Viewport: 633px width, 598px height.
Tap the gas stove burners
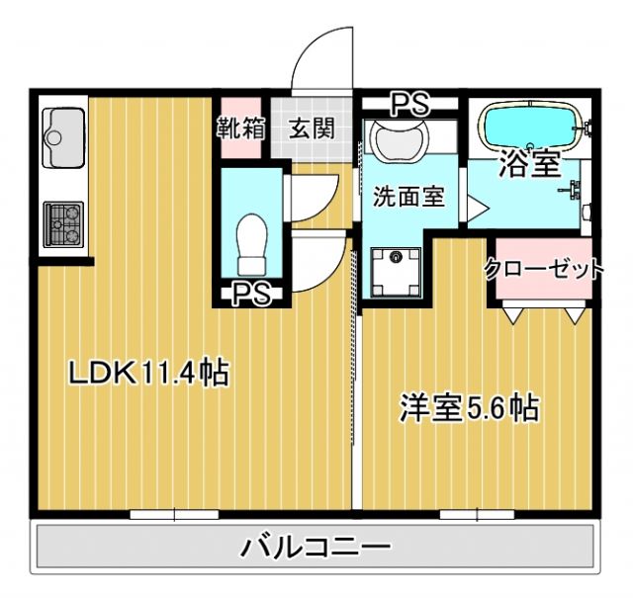(64, 225)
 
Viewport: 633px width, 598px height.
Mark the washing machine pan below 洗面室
(397, 267)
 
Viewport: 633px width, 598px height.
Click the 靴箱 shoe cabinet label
(240, 128)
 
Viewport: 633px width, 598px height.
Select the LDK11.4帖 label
(148, 373)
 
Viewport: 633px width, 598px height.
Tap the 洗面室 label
(407, 196)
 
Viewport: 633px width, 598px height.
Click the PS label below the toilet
(253, 293)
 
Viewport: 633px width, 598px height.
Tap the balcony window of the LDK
(174, 513)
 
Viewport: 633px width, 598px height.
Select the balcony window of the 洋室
(478, 513)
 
